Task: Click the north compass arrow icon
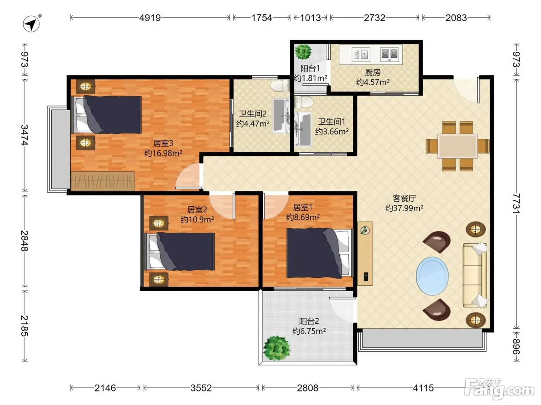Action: pos(32,24)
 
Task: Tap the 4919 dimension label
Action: pos(150,18)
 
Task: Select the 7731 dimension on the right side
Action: pos(516,203)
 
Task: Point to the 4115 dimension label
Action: pos(423,388)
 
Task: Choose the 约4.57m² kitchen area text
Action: pos(373,82)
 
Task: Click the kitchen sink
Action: pos(361,54)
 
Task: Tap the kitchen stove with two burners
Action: pos(390,54)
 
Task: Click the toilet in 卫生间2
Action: pos(281,85)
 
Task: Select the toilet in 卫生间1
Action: pos(304,102)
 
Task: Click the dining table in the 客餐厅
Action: pos(458,146)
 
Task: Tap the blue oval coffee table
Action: pos(432,276)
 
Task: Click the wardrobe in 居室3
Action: pos(103,181)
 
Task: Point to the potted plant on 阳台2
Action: pos(277,348)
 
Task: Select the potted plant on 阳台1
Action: pos(303,52)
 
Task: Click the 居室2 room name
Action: pos(197,209)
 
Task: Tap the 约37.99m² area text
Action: pos(404,208)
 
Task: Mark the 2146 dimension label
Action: pos(105,388)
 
